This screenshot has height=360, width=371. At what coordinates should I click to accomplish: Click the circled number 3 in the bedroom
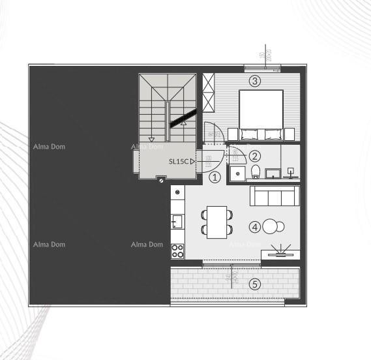255,82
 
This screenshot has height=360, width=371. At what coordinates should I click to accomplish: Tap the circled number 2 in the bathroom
255,156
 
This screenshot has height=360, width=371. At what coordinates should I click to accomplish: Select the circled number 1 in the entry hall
215,176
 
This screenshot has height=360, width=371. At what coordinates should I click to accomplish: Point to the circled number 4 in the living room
255,227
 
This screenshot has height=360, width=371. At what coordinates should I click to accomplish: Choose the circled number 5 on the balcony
255,284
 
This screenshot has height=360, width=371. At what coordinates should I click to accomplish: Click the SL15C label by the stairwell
179,161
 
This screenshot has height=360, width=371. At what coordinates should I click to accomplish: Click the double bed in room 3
261,115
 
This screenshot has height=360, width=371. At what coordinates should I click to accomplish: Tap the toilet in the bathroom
256,172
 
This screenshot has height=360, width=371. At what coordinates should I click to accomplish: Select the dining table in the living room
216,220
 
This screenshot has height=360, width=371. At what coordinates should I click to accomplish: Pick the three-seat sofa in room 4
275,196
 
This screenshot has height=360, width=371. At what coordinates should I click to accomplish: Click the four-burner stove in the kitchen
177,250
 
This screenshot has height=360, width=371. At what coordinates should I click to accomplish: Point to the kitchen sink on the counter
177,222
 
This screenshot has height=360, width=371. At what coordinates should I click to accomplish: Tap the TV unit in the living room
281,254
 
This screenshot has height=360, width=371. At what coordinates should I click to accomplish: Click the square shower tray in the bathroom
239,172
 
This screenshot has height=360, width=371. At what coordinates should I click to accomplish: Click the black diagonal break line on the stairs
180,118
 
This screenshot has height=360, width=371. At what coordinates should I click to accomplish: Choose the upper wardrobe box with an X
209,84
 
